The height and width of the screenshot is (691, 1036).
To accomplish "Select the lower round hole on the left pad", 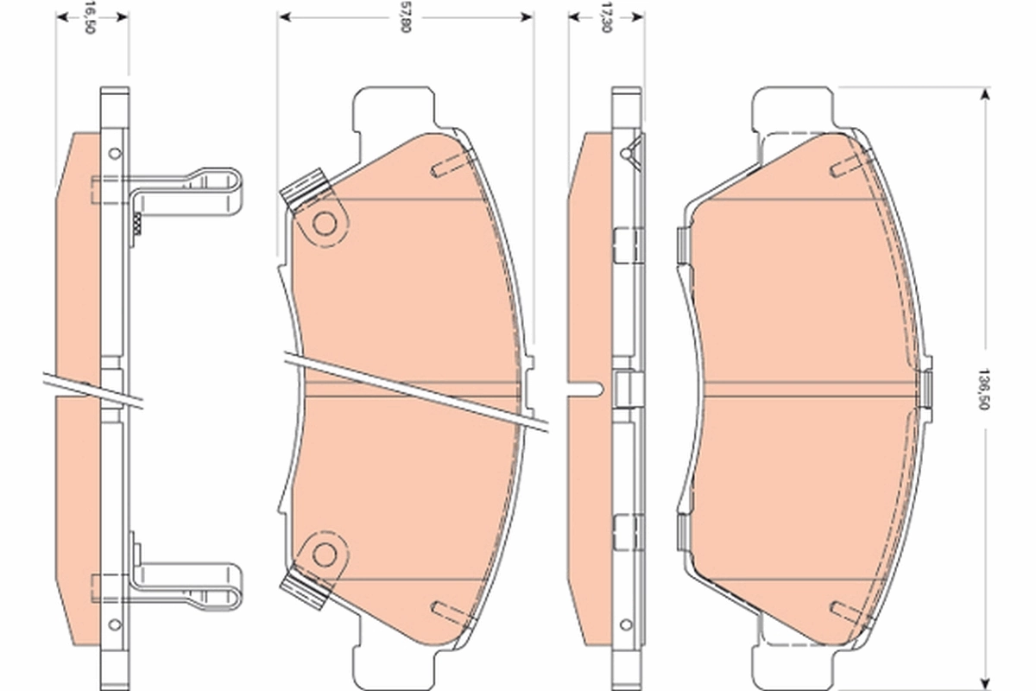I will pyautogui.click(x=324, y=553).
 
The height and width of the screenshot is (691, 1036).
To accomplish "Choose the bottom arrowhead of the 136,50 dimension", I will pyautogui.click(x=983, y=670).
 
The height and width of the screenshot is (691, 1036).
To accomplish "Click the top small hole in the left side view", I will pyautogui.click(x=114, y=153).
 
